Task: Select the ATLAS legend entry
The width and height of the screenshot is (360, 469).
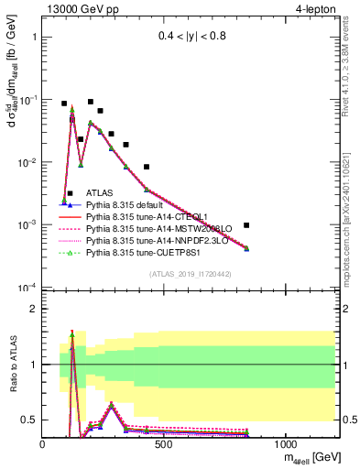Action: pyautogui.click(x=101, y=193)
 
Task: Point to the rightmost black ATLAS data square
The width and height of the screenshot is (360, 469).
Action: pyautogui.click(x=246, y=225)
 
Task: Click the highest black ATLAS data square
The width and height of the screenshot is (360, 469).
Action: pyautogui.click(x=91, y=102)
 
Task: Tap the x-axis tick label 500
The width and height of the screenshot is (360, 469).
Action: pyautogui.click(x=164, y=444)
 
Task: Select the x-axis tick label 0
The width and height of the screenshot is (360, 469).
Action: pyautogui.click(x=43, y=444)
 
